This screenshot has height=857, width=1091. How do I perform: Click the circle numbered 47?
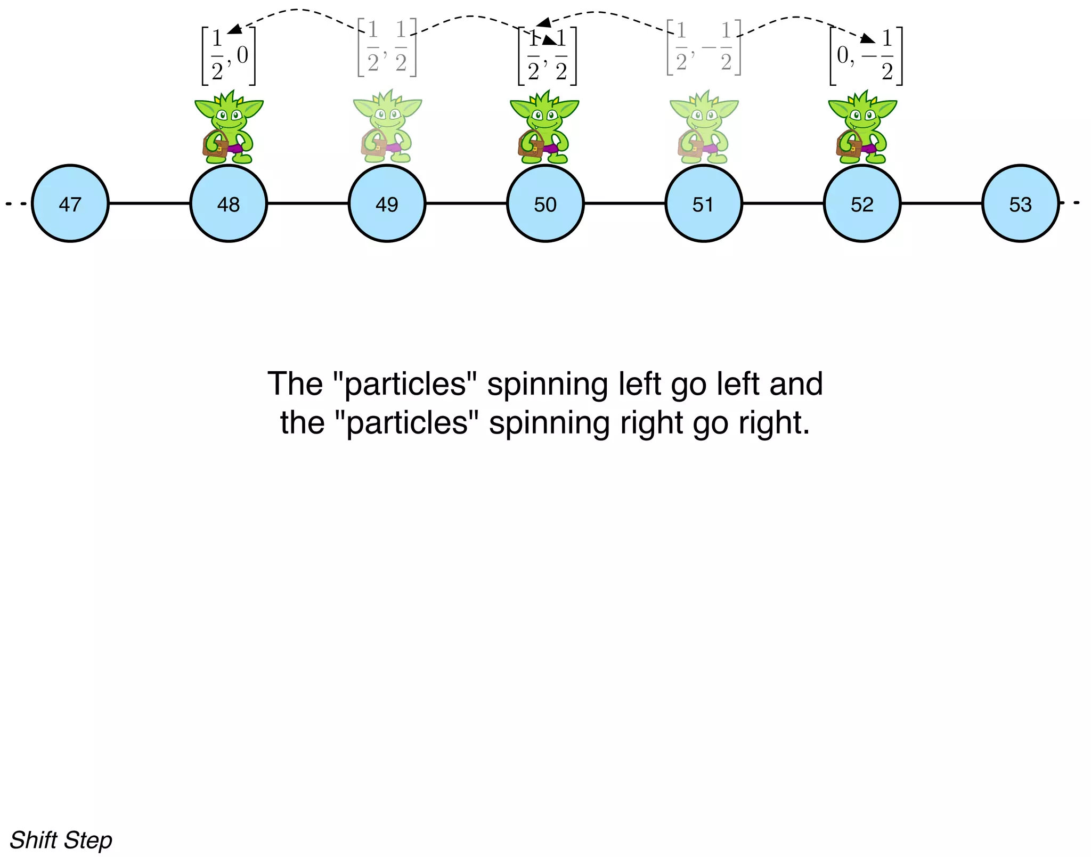click(70, 203)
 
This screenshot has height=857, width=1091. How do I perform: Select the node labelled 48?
click(229, 203)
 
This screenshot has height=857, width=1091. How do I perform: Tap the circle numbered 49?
click(387, 203)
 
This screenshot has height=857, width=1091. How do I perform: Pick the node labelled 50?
click(545, 203)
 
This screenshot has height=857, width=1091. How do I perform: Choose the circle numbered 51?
click(703, 203)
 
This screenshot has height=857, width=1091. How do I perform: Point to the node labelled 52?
click(862, 203)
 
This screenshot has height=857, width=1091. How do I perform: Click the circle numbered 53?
click(1020, 203)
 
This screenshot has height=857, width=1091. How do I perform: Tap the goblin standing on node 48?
click(229, 128)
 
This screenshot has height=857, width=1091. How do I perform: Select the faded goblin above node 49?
click(387, 128)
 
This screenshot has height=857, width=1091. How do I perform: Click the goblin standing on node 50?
click(544, 128)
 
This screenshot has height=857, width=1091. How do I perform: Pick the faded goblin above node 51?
click(703, 128)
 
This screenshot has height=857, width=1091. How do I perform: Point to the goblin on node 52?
click(862, 128)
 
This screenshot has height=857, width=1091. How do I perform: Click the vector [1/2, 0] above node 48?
click(229, 56)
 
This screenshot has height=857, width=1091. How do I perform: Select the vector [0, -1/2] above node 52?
click(866, 56)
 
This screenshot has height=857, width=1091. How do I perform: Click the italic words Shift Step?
click(61, 840)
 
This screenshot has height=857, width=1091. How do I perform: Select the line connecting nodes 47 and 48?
click(149, 203)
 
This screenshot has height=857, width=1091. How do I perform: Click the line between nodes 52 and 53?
click(941, 203)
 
